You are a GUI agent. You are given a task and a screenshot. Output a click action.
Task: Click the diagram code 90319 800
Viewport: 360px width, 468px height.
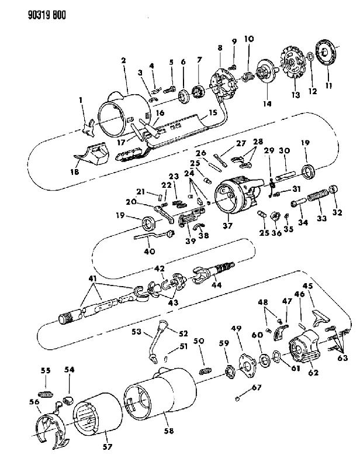click(x=47, y=15)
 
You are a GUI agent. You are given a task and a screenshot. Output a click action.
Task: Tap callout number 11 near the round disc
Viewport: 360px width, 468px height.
click(x=328, y=85)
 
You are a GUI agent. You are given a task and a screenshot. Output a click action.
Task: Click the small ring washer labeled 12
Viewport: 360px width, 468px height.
click(x=310, y=56)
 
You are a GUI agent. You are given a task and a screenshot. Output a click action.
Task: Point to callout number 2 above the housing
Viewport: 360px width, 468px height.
click(x=123, y=60)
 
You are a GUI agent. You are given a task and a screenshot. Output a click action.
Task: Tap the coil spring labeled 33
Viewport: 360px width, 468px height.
click(x=317, y=197)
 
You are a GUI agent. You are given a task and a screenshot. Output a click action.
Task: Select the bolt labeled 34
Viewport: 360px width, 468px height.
click(x=297, y=202)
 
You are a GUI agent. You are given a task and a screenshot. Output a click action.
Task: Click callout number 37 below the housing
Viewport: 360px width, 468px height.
click(x=227, y=225)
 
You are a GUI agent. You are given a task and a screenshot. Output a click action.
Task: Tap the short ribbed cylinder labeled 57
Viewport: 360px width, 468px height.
click(x=97, y=415)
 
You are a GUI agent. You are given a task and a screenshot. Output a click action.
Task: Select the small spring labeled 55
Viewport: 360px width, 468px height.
click(x=46, y=394)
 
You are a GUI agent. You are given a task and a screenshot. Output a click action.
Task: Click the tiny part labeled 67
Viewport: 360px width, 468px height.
click(x=237, y=398)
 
